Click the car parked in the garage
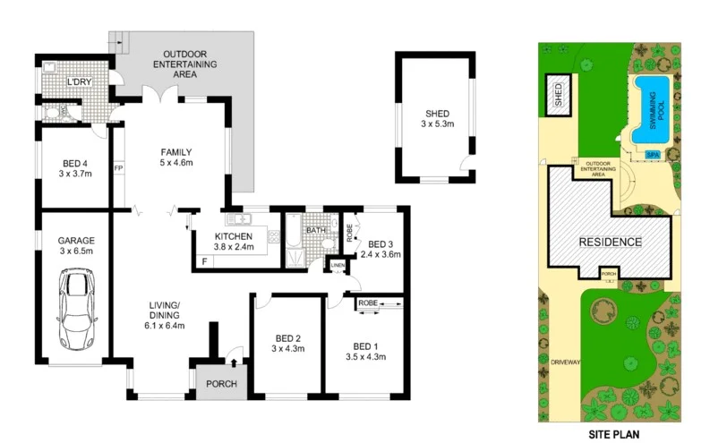74,311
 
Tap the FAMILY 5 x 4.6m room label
176,157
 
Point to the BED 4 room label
75,168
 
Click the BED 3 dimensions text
381,254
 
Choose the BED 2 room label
287,343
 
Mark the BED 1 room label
365,352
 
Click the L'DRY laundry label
80,83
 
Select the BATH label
316,230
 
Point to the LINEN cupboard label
337,265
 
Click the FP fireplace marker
118,167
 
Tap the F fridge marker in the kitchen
205,261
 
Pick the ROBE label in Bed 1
368,304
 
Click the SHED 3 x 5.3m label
437,119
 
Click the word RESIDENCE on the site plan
610,242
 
